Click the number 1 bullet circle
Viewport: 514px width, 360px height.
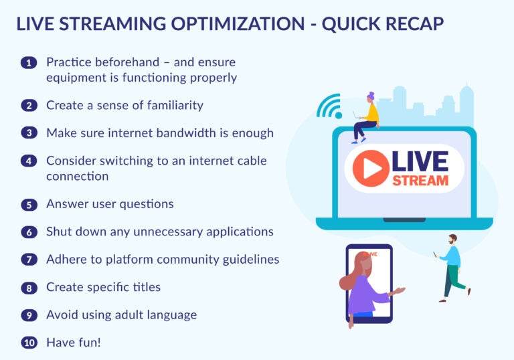click(x=29, y=63)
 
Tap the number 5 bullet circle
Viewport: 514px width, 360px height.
click(x=29, y=205)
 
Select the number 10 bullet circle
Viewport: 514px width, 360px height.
click(x=29, y=343)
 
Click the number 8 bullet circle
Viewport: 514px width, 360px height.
click(x=29, y=288)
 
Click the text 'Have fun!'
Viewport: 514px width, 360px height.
click(x=73, y=343)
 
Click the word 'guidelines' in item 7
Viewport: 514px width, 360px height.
click(x=248, y=259)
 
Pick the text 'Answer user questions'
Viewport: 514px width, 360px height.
click(x=110, y=204)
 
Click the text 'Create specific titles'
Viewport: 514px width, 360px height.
click(x=103, y=287)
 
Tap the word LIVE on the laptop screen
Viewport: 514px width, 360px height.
click(x=420, y=161)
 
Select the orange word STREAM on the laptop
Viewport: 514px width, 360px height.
click(x=420, y=181)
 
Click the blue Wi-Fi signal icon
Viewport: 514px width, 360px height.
click(x=329, y=105)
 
